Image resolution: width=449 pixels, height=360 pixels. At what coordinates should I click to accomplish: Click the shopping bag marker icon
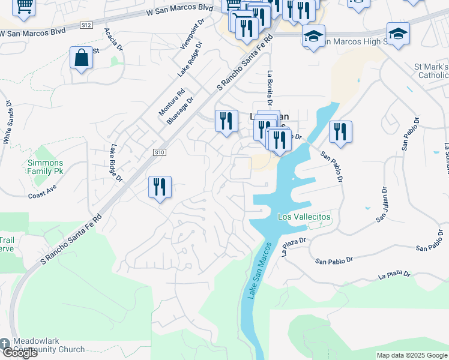click(x=81, y=58)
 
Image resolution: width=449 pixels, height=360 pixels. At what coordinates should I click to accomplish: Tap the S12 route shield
click(x=86, y=25)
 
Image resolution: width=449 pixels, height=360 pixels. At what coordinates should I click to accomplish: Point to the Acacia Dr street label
click(x=113, y=38)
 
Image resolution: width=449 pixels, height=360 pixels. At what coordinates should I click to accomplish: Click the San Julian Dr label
click(x=382, y=204)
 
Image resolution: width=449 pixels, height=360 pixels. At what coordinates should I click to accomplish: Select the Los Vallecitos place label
click(x=304, y=217)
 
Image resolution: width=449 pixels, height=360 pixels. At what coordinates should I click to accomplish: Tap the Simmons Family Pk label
click(x=46, y=168)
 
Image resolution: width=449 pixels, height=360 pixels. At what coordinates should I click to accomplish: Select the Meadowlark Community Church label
click(x=42, y=345)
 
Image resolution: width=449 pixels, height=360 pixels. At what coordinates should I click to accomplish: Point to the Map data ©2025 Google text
click(x=411, y=355)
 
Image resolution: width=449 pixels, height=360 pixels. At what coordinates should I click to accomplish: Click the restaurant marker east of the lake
click(x=340, y=132)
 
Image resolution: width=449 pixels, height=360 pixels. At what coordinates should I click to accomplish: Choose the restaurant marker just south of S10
click(x=160, y=187)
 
